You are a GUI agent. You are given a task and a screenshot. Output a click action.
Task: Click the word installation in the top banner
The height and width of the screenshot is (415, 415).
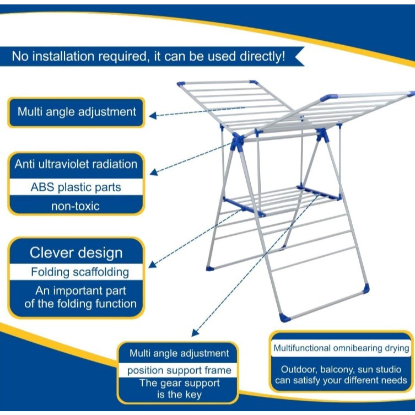tap(63, 56)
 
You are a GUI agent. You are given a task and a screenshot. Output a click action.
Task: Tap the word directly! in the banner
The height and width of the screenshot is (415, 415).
tap(262, 57)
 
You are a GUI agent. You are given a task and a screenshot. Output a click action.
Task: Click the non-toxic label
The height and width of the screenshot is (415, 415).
tap(76, 206)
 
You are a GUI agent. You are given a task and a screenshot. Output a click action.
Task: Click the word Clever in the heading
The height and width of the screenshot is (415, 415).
tap(51, 252)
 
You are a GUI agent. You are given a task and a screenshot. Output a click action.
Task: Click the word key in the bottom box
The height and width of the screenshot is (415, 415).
tap(193, 395)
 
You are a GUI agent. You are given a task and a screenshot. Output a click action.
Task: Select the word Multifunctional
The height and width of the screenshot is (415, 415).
tap(301, 348)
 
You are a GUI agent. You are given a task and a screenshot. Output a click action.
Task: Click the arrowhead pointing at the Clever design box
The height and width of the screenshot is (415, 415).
tap(152, 265)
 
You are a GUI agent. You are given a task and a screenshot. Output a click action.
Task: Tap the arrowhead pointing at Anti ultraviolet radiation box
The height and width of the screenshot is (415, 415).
tap(154, 173)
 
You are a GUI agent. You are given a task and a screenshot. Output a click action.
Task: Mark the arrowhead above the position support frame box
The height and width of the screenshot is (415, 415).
tap(195, 333)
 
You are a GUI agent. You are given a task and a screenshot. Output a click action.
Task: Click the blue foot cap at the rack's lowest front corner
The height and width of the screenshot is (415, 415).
tap(285, 317)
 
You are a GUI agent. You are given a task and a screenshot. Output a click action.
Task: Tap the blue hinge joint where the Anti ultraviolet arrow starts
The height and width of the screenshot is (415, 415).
tap(237, 142)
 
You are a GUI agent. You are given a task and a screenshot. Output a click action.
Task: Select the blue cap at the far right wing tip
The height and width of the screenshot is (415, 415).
tap(411, 94)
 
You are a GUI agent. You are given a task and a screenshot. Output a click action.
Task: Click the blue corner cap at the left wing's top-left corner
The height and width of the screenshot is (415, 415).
tap(181, 84)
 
